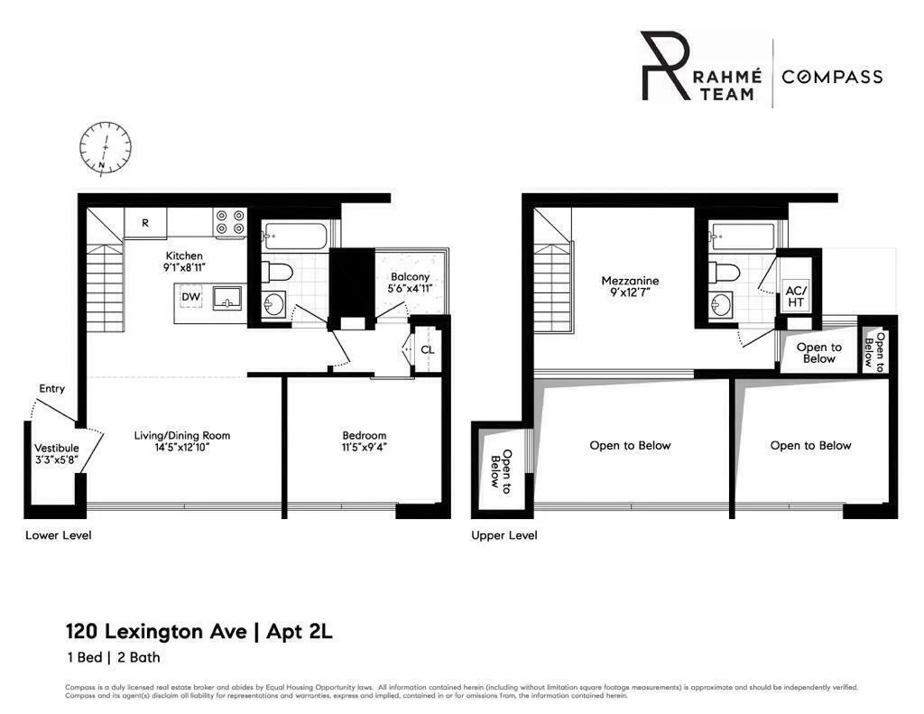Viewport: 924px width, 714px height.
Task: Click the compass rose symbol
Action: [x=106, y=147]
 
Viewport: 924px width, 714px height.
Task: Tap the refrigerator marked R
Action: [x=144, y=223]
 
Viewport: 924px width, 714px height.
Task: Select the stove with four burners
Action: [x=229, y=224]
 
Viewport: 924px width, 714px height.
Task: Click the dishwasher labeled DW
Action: [x=190, y=296]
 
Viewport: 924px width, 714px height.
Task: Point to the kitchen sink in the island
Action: [x=227, y=298]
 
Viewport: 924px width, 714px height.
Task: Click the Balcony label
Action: [x=410, y=277]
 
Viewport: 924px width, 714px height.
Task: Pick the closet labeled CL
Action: [x=427, y=349]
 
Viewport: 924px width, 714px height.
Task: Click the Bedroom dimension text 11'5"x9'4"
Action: [x=364, y=447]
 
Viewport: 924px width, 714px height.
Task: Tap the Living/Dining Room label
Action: [x=181, y=435]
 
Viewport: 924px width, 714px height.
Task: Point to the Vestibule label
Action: [x=56, y=448]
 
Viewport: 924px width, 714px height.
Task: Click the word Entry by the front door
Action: [x=51, y=389]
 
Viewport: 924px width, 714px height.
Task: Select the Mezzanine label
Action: [x=630, y=281]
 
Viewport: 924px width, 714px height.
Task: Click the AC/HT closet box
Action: [x=797, y=295]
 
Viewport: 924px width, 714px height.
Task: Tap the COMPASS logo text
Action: [x=831, y=77]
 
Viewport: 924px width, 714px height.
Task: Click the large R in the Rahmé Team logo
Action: [x=663, y=66]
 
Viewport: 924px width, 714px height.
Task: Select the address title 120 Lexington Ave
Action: [x=155, y=632]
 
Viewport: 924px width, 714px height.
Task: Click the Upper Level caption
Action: [x=504, y=535]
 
